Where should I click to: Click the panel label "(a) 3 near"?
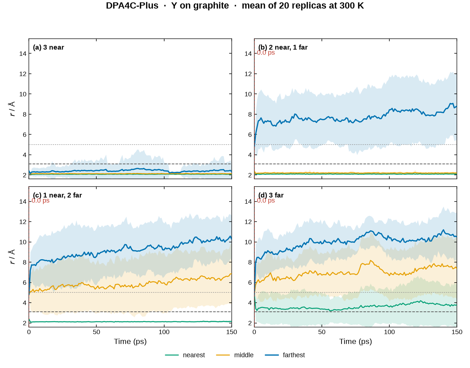pos(49,47)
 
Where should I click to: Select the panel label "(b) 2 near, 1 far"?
pos(283,47)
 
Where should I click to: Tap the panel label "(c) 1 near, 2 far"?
pos(57,195)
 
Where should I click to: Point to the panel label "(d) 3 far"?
pos(271,195)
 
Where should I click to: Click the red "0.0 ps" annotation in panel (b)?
pos(266,53)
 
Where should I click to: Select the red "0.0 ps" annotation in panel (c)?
pos(41,200)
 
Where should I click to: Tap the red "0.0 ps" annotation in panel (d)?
pos(266,200)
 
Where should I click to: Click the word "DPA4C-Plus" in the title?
pos(132,5)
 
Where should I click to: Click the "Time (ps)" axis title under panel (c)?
pos(130,341)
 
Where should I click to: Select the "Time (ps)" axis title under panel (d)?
pos(355,341)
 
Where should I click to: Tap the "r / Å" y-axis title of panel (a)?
pos(12,109)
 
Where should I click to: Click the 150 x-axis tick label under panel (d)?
pos(457,332)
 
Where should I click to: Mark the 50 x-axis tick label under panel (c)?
pos(96,332)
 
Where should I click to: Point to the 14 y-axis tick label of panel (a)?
pos(23,53)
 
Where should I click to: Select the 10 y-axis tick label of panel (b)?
pos(248,94)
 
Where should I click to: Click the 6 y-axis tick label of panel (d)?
pos(250,283)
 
